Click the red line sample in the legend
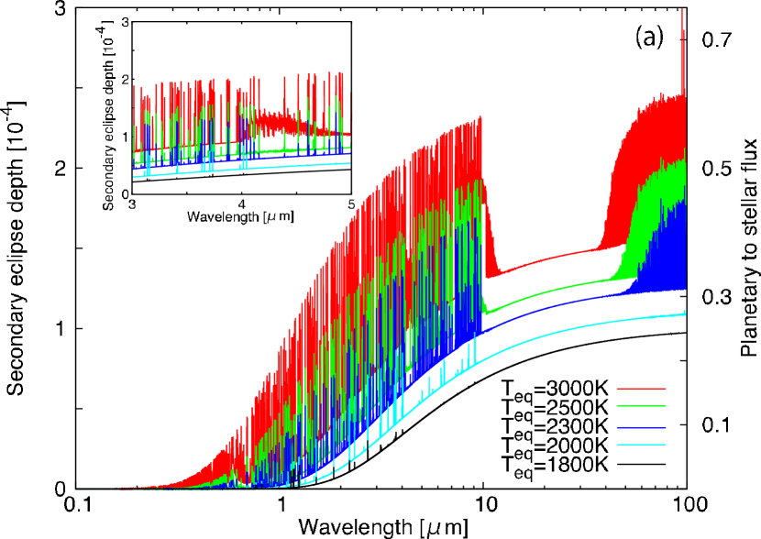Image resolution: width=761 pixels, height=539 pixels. [641, 389]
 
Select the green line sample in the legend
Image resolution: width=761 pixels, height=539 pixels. [641, 405]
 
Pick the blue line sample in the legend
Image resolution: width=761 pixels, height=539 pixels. [641, 427]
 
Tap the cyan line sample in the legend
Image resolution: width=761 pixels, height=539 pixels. [641, 445]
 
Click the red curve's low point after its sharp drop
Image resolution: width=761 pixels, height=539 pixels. [492, 274]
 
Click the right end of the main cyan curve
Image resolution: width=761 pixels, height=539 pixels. [685, 313]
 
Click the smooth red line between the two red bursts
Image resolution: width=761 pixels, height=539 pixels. [550, 258]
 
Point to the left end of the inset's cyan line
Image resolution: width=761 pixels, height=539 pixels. [135, 177]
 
